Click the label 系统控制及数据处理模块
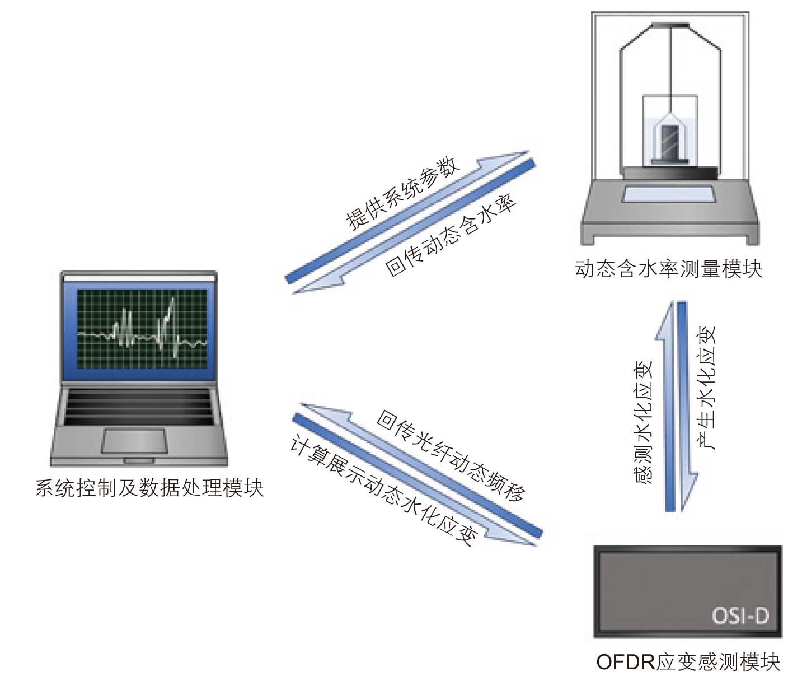coord(150,488)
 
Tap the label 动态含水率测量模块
coord(669,269)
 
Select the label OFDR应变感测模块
coord(688,662)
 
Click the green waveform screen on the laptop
coord(142,329)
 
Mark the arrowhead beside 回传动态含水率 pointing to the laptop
coord(317,286)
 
